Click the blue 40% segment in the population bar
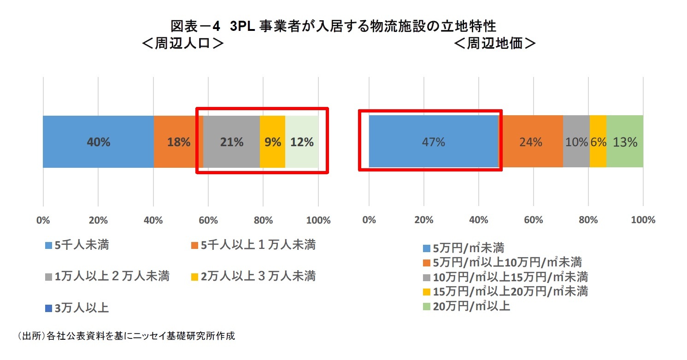pos(98,142)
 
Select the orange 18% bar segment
pos(178,142)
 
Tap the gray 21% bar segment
pos(231,142)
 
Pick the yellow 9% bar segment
pos(272,142)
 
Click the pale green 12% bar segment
pos(302,142)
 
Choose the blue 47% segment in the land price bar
pos(433,142)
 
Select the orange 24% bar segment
pos(531,142)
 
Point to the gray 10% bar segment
pos(576,142)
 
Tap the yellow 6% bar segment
pos(598,142)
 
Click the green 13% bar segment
pos(625,142)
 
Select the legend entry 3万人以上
pos(77,308)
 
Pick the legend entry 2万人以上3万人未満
pos(253,277)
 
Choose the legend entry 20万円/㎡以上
pos(466,306)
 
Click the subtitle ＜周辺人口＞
pos(183,43)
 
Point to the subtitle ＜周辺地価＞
pos(494,43)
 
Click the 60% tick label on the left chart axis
pos(208,220)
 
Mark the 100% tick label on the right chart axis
pos(643,220)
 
